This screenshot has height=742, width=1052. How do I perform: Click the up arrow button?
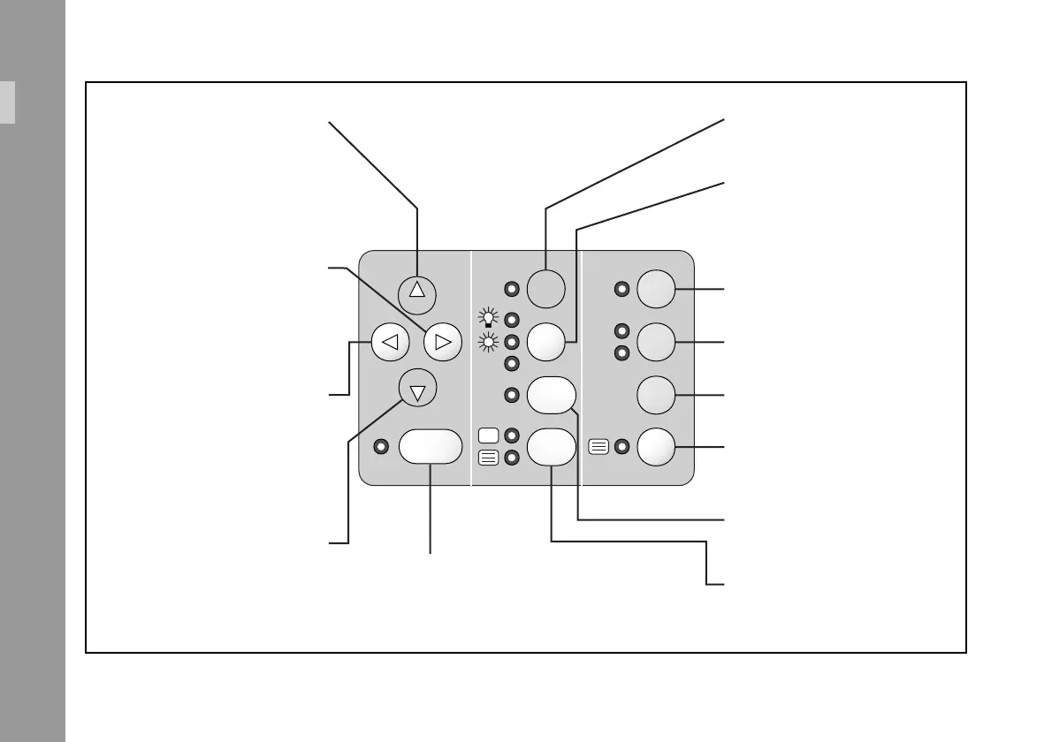(x=418, y=291)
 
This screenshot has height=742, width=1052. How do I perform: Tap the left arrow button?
(x=391, y=341)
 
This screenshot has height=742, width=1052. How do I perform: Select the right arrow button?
(x=443, y=341)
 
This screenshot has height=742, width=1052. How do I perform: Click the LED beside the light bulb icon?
(x=510, y=321)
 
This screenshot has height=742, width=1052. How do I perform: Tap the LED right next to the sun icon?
(x=510, y=342)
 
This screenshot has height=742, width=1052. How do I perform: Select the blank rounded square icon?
(x=488, y=435)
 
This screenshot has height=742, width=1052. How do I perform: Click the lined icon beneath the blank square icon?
(x=488, y=458)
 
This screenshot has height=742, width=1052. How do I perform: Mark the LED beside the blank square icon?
(x=510, y=435)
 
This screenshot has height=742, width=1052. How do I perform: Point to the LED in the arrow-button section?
(x=380, y=447)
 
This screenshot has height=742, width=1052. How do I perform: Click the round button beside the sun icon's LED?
(x=546, y=342)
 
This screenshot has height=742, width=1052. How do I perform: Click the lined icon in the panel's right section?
(x=598, y=447)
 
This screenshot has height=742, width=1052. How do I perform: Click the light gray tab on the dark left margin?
(x=7, y=102)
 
